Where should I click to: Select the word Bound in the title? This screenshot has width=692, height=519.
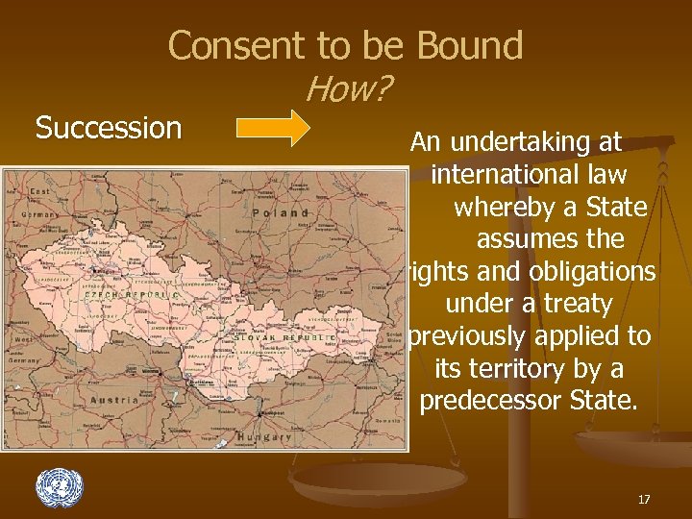[x=470, y=45]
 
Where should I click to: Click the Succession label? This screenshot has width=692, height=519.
[x=109, y=128]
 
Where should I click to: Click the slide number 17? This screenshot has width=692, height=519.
[x=643, y=499]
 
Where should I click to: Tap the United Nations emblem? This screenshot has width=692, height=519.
[x=60, y=488]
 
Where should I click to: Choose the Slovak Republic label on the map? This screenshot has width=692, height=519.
[x=284, y=338]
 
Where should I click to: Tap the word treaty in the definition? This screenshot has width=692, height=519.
[x=575, y=304]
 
